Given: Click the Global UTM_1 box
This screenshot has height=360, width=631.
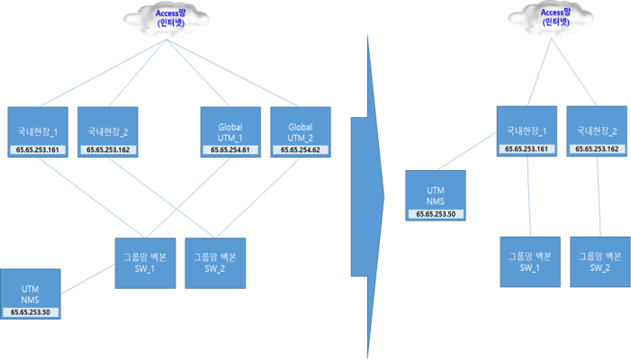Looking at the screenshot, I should tap(230, 126).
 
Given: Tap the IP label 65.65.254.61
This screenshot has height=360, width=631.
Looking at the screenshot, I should tap(230, 149).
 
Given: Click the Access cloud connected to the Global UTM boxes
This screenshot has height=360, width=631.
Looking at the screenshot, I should tap(165, 18).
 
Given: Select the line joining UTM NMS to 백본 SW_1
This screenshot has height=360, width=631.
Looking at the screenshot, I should tap(90, 278).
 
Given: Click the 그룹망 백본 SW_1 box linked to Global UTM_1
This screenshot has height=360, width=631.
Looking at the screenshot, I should tap(148, 262).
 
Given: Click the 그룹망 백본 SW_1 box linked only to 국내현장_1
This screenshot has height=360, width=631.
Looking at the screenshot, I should tap(530, 262).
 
